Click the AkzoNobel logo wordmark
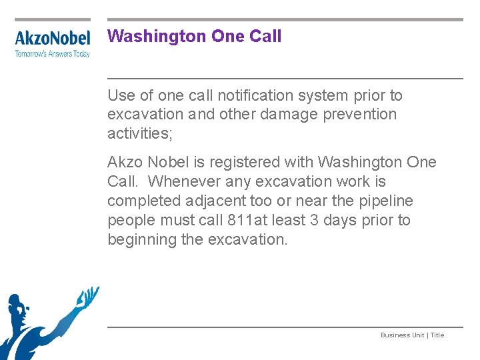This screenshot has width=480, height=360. tap(52, 38)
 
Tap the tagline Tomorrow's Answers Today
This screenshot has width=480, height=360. tap(52, 54)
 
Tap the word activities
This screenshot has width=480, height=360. tap(139, 133)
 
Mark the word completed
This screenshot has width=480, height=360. tap(139, 201)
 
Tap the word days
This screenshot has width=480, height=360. tap(340, 220)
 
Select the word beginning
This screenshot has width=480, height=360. tap(143, 239)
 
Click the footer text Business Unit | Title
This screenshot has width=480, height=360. tap(412, 335)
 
